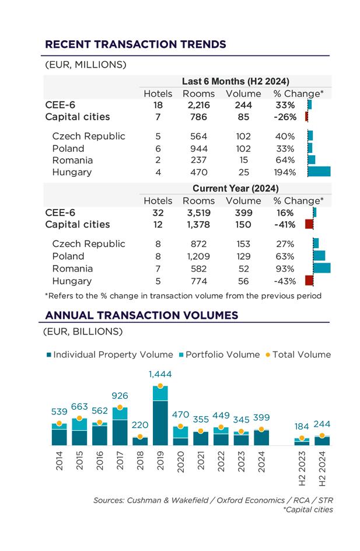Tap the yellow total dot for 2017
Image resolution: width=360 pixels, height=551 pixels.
120,407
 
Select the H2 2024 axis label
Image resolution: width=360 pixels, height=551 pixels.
322,472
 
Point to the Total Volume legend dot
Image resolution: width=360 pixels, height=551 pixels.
268,354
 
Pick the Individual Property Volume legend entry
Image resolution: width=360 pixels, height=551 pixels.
110,354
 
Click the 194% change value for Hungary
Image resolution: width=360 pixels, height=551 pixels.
285,172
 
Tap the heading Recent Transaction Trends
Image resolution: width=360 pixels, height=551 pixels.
135,44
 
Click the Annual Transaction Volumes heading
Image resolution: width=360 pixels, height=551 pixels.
142,315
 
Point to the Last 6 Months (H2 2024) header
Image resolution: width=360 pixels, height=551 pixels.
235,81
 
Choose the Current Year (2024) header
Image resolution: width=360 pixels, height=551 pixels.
235,189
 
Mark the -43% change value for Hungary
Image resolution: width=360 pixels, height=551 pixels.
285,281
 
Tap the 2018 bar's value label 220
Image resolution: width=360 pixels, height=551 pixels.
139,425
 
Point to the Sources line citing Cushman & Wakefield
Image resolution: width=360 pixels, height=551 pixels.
213,500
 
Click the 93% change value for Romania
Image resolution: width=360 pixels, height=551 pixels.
285,268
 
